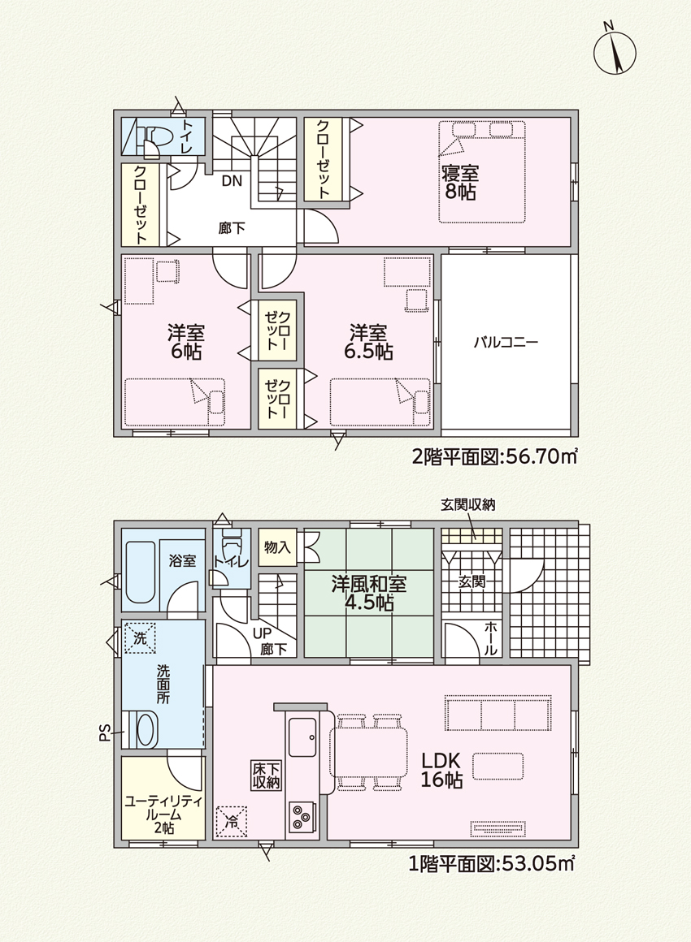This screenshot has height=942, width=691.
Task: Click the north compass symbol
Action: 615,51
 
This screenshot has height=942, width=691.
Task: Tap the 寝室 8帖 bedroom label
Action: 460,183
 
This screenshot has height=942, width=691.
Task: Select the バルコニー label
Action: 506,343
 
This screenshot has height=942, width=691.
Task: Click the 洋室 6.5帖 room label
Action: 368,342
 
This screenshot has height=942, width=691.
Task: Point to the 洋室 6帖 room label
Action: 186,342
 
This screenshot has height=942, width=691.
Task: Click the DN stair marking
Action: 232,181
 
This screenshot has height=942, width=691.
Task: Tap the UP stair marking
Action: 262,633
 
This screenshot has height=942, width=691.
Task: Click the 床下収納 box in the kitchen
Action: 265,775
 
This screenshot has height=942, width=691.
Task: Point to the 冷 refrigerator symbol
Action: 232,821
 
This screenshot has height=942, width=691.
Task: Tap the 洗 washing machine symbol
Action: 140,638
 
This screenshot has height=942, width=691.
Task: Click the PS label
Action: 105,732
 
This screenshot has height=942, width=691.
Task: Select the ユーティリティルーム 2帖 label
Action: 163,815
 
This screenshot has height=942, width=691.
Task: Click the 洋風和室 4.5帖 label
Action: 368,593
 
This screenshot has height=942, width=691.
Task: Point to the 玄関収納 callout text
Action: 468,505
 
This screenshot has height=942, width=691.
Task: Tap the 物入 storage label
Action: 277,547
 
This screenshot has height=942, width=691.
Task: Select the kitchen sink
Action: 302,737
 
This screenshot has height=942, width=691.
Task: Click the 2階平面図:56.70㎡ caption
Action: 494,457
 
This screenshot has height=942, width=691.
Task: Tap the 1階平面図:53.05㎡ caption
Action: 492,865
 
